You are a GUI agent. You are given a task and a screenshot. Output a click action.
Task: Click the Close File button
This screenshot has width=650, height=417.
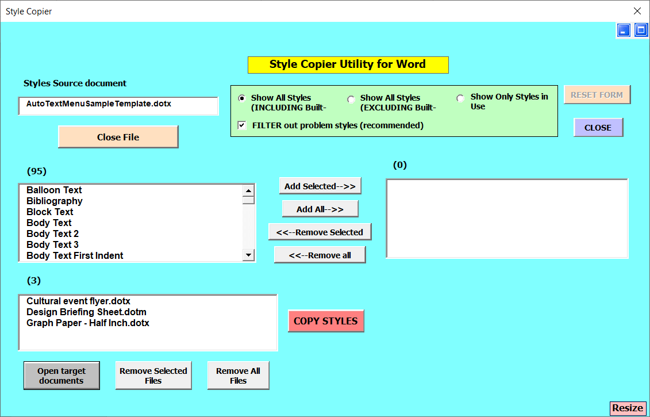point(118,137)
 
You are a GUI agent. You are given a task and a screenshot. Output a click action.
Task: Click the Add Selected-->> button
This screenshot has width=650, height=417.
point(320,186)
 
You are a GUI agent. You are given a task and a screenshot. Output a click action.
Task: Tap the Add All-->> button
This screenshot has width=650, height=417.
point(320,209)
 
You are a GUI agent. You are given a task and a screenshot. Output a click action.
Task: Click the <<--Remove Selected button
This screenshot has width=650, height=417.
point(320,232)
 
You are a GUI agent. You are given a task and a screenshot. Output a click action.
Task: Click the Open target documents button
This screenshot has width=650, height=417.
point(61,376)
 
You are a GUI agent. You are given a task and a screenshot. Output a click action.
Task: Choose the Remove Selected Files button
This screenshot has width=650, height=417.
point(153,376)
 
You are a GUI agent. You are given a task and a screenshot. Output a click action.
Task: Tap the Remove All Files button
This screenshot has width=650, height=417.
point(238,376)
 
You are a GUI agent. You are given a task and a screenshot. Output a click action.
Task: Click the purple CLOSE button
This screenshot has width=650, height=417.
point(598,127)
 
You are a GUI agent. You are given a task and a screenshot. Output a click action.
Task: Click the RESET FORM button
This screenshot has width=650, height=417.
point(597,94)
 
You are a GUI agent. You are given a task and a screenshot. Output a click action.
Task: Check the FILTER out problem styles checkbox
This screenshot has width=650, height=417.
point(242,125)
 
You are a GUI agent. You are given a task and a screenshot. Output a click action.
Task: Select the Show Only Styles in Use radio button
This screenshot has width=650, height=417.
point(460,98)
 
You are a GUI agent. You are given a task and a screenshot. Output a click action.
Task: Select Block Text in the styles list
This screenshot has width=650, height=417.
point(50,212)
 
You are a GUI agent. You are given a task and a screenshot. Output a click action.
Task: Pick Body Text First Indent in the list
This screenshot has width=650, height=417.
point(75,255)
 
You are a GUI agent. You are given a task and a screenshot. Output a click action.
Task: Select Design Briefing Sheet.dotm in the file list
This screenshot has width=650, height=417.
point(86,312)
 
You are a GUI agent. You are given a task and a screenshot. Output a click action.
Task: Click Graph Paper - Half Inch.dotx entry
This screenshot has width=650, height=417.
point(88,323)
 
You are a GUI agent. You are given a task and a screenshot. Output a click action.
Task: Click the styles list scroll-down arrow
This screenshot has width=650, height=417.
point(248,255)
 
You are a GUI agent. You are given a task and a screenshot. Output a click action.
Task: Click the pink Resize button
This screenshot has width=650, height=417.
point(628,408)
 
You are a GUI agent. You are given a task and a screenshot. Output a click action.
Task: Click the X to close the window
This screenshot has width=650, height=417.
point(637,11)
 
